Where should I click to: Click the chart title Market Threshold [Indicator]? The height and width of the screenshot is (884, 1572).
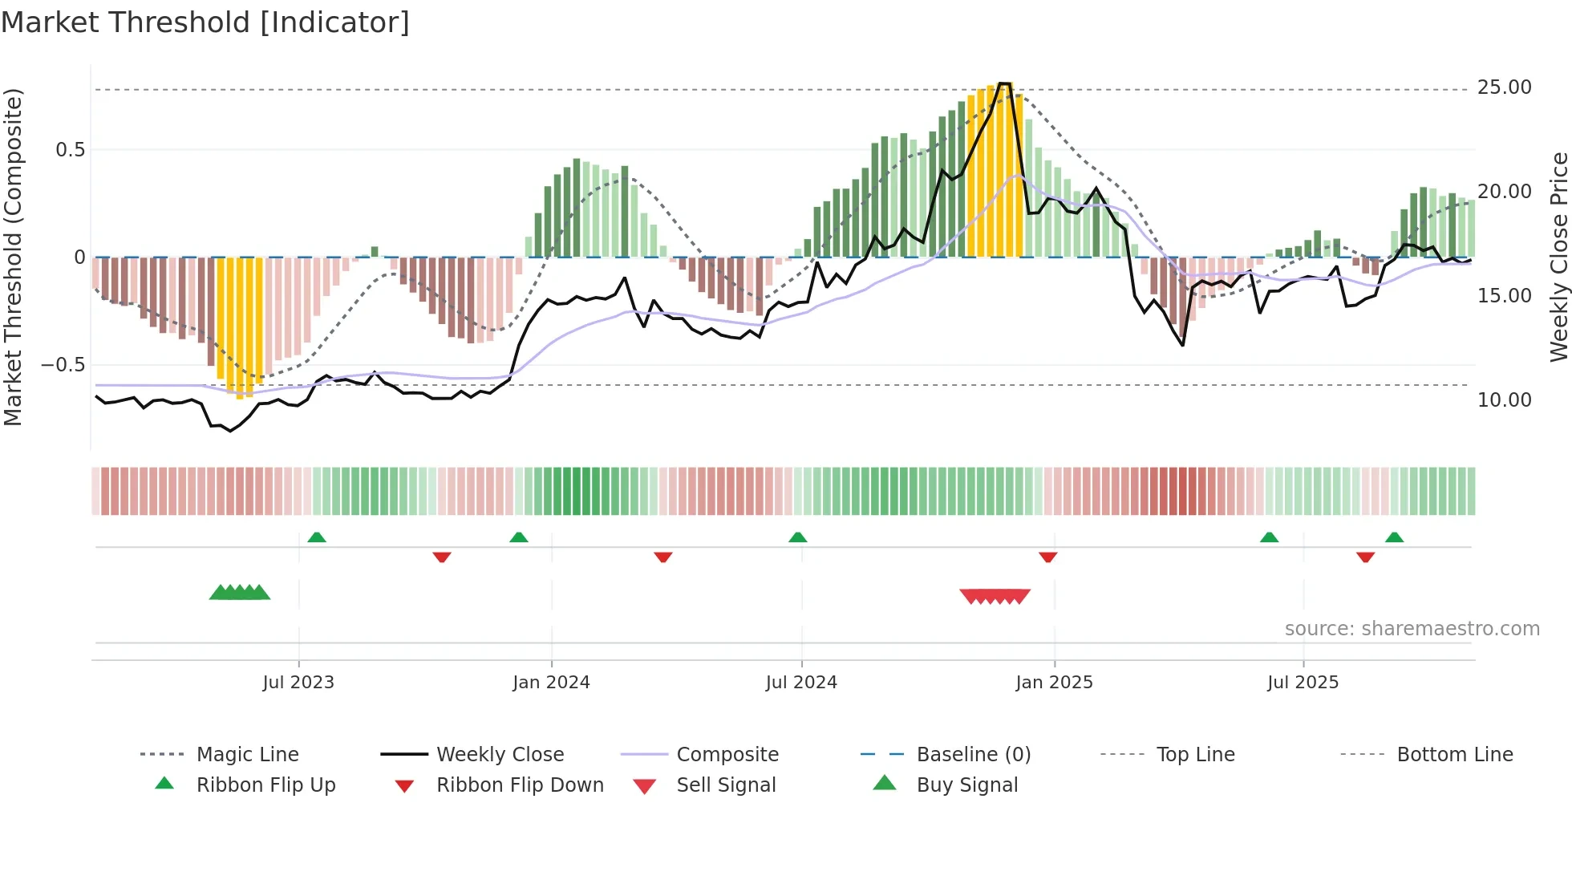coord(205,22)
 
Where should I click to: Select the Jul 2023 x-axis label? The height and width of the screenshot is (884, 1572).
coord(298,683)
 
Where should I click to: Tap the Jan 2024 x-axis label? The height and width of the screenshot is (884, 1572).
coord(552,683)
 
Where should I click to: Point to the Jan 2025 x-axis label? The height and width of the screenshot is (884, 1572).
coord(1054,683)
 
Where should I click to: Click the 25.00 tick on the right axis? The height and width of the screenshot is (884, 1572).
coord(1504,87)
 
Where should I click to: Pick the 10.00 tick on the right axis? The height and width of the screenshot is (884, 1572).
coord(1504,400)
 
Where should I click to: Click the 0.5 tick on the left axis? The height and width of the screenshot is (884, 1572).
coord(70,150)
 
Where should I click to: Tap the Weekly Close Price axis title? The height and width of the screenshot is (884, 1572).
coord(1558,257)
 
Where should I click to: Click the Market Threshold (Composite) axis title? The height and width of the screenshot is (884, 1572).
coord(13,257)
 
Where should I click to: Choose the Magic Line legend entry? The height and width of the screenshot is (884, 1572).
coord(247,755)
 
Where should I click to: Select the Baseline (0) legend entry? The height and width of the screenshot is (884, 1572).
coord(973,755)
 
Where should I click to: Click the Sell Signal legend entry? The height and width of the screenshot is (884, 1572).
coord(726,785)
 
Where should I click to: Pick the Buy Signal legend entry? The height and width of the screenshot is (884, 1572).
coord(966,785)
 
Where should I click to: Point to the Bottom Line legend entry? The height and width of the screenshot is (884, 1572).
coord(1454,755)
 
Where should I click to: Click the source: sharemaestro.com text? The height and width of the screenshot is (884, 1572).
coord(1412,629)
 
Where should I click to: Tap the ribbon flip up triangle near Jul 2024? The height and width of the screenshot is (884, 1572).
coord(797,537)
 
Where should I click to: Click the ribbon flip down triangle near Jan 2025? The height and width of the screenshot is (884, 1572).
coord(1047,557)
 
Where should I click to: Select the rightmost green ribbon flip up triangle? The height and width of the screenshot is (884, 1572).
coord(1394,537)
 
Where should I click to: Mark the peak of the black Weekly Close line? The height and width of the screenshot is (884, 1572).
coord(1004,83)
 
